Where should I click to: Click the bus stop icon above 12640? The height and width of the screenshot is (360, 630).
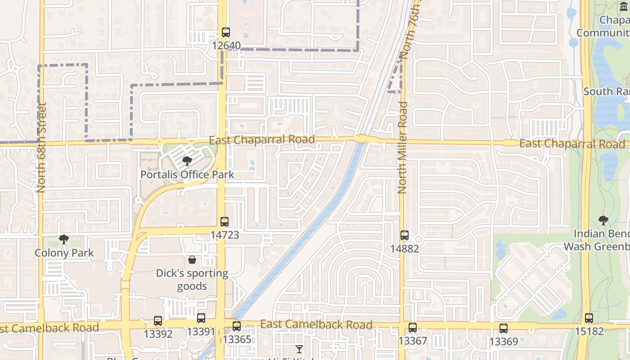pos(226,32)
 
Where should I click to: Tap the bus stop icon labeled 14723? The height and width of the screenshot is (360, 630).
pos(225,221)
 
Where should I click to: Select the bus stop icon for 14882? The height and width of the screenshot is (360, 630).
pos(405,235)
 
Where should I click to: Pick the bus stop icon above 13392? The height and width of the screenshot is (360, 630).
pos(158,321)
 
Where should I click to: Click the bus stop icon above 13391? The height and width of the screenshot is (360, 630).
pos(201,318)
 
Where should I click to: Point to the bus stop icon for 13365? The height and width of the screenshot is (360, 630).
pos(237,326)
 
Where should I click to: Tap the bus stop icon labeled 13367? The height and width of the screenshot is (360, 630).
pos(413,328)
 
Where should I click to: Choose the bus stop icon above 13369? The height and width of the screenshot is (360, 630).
pos(504,328)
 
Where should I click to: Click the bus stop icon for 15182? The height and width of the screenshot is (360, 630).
pos(589,318)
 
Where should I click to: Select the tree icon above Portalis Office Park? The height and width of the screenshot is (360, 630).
pos(187,161)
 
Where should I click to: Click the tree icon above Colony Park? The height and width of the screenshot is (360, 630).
pos(64,239)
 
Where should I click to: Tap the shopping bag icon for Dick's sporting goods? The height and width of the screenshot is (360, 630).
pos(192,260)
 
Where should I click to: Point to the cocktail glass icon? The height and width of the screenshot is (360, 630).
pos(299,349)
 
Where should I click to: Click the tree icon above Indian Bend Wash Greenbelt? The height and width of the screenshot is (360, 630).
pos(603,220)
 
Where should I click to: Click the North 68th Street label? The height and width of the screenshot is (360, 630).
pos(42,148)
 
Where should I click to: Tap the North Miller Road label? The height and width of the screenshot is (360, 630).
pos(402,148)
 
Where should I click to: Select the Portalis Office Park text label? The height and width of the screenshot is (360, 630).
pos(187,175)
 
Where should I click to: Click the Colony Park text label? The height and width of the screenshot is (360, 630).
pos(64,253)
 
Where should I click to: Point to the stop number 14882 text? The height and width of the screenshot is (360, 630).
pos(405,249)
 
